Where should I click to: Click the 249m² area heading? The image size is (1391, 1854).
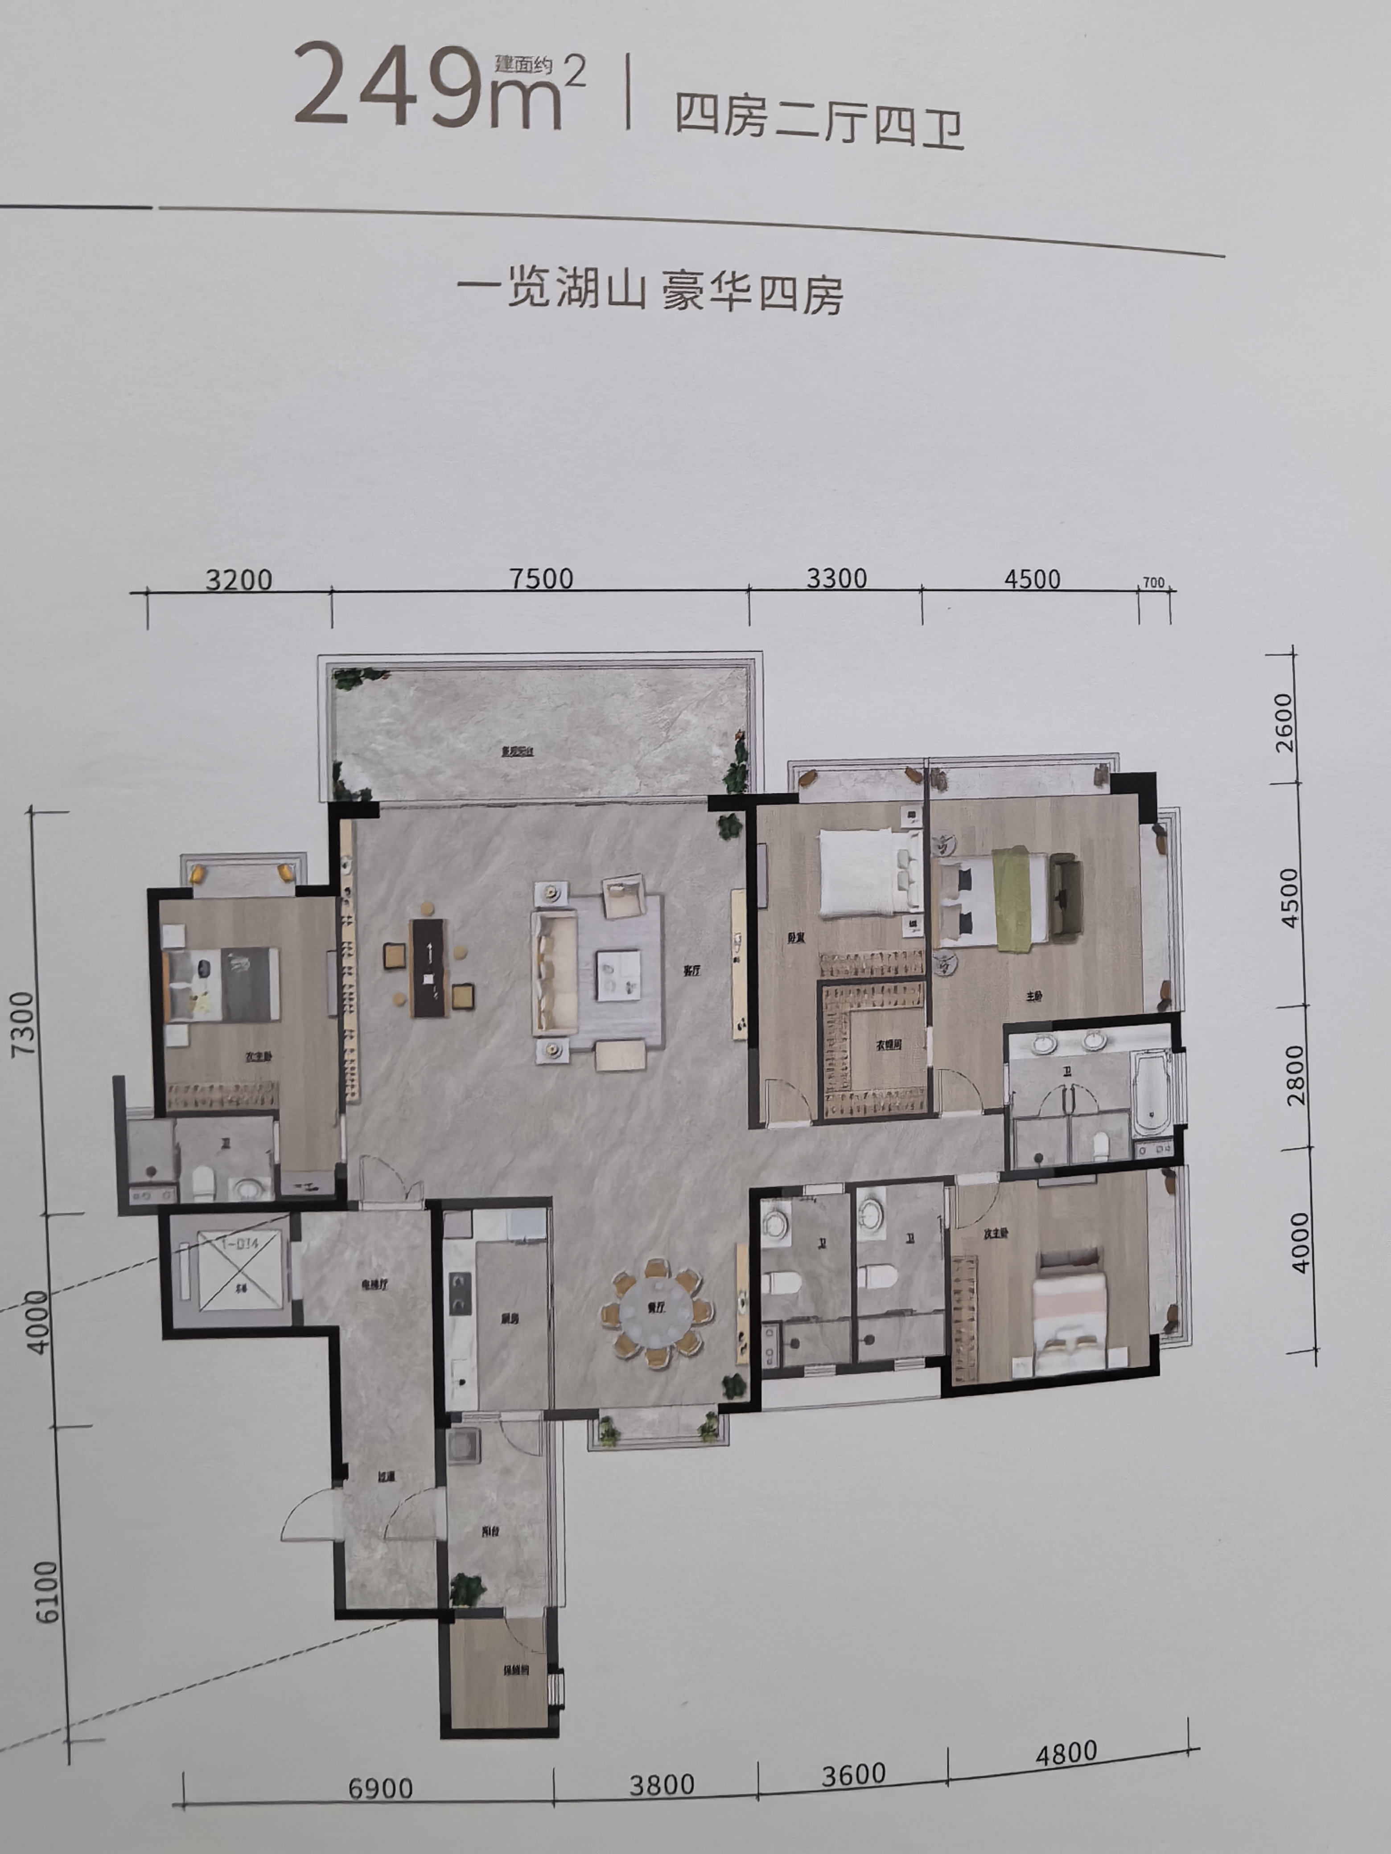436,88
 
